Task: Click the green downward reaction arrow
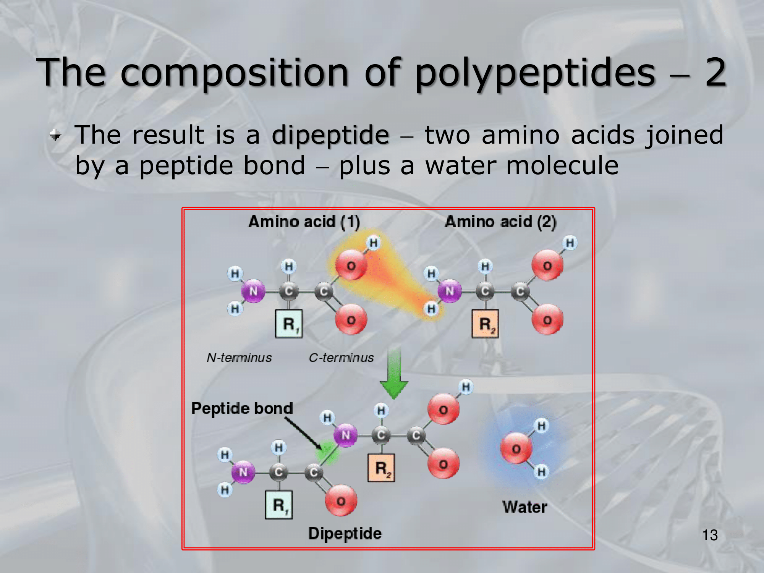(x=394, y=372)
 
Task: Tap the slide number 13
(x=710, y=535)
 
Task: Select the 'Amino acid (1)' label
(x=304, y=222)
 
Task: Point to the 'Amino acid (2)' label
(x=500, y=222)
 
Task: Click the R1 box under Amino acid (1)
(x=289, y=324)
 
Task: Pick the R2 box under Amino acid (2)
(x=485, y=324)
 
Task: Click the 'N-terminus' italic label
(x=239, y=358)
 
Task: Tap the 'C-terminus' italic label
(x=341, y=358)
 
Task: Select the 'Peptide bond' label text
(x=242, y=408)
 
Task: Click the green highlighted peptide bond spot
(x=327, y=453)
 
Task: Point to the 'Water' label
(x=525, y=507)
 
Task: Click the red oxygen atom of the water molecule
(x=516, y=448)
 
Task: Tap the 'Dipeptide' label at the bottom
(x=345, y=534)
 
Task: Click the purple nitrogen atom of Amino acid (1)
(x=253, y=291)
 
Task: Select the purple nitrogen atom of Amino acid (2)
(x=450, y=291)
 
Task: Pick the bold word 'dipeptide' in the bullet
(x=330, y=136)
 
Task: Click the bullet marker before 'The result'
(x=56, y=135)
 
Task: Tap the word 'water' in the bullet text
(x=461, y=166)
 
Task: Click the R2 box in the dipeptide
(x=381, y=468)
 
